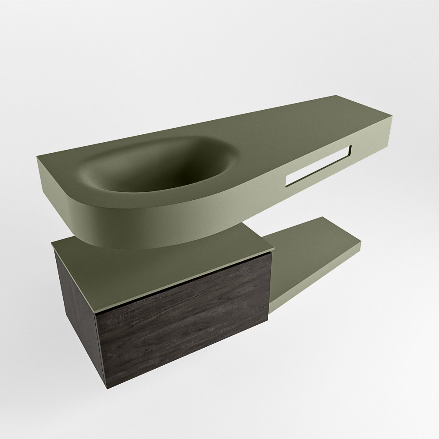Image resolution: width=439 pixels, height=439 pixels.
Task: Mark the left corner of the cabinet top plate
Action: point(52,243)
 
